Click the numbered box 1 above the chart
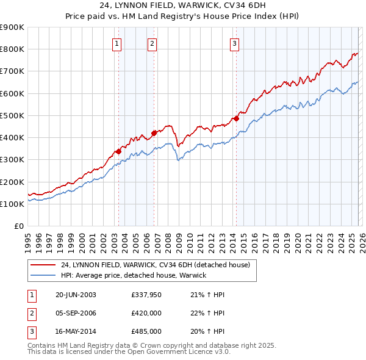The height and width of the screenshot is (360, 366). click(x=116, y=43)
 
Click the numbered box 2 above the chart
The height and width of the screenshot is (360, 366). click(x=152, y=43)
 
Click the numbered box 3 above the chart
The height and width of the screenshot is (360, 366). click(x=234, y=43)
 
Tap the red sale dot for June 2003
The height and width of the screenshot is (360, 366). click(x=118, y=151)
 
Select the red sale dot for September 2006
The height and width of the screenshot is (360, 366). click(x=154, y=132)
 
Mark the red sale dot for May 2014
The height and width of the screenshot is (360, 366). click(x=236, y=119)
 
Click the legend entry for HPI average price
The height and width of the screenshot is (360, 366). click(x=134, y=275)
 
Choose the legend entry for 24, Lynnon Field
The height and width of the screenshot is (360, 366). click(x=155, y=265)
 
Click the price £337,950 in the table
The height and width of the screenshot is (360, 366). click(x=146, y=295)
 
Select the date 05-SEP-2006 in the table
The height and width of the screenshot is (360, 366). click(x=76, y=313)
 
